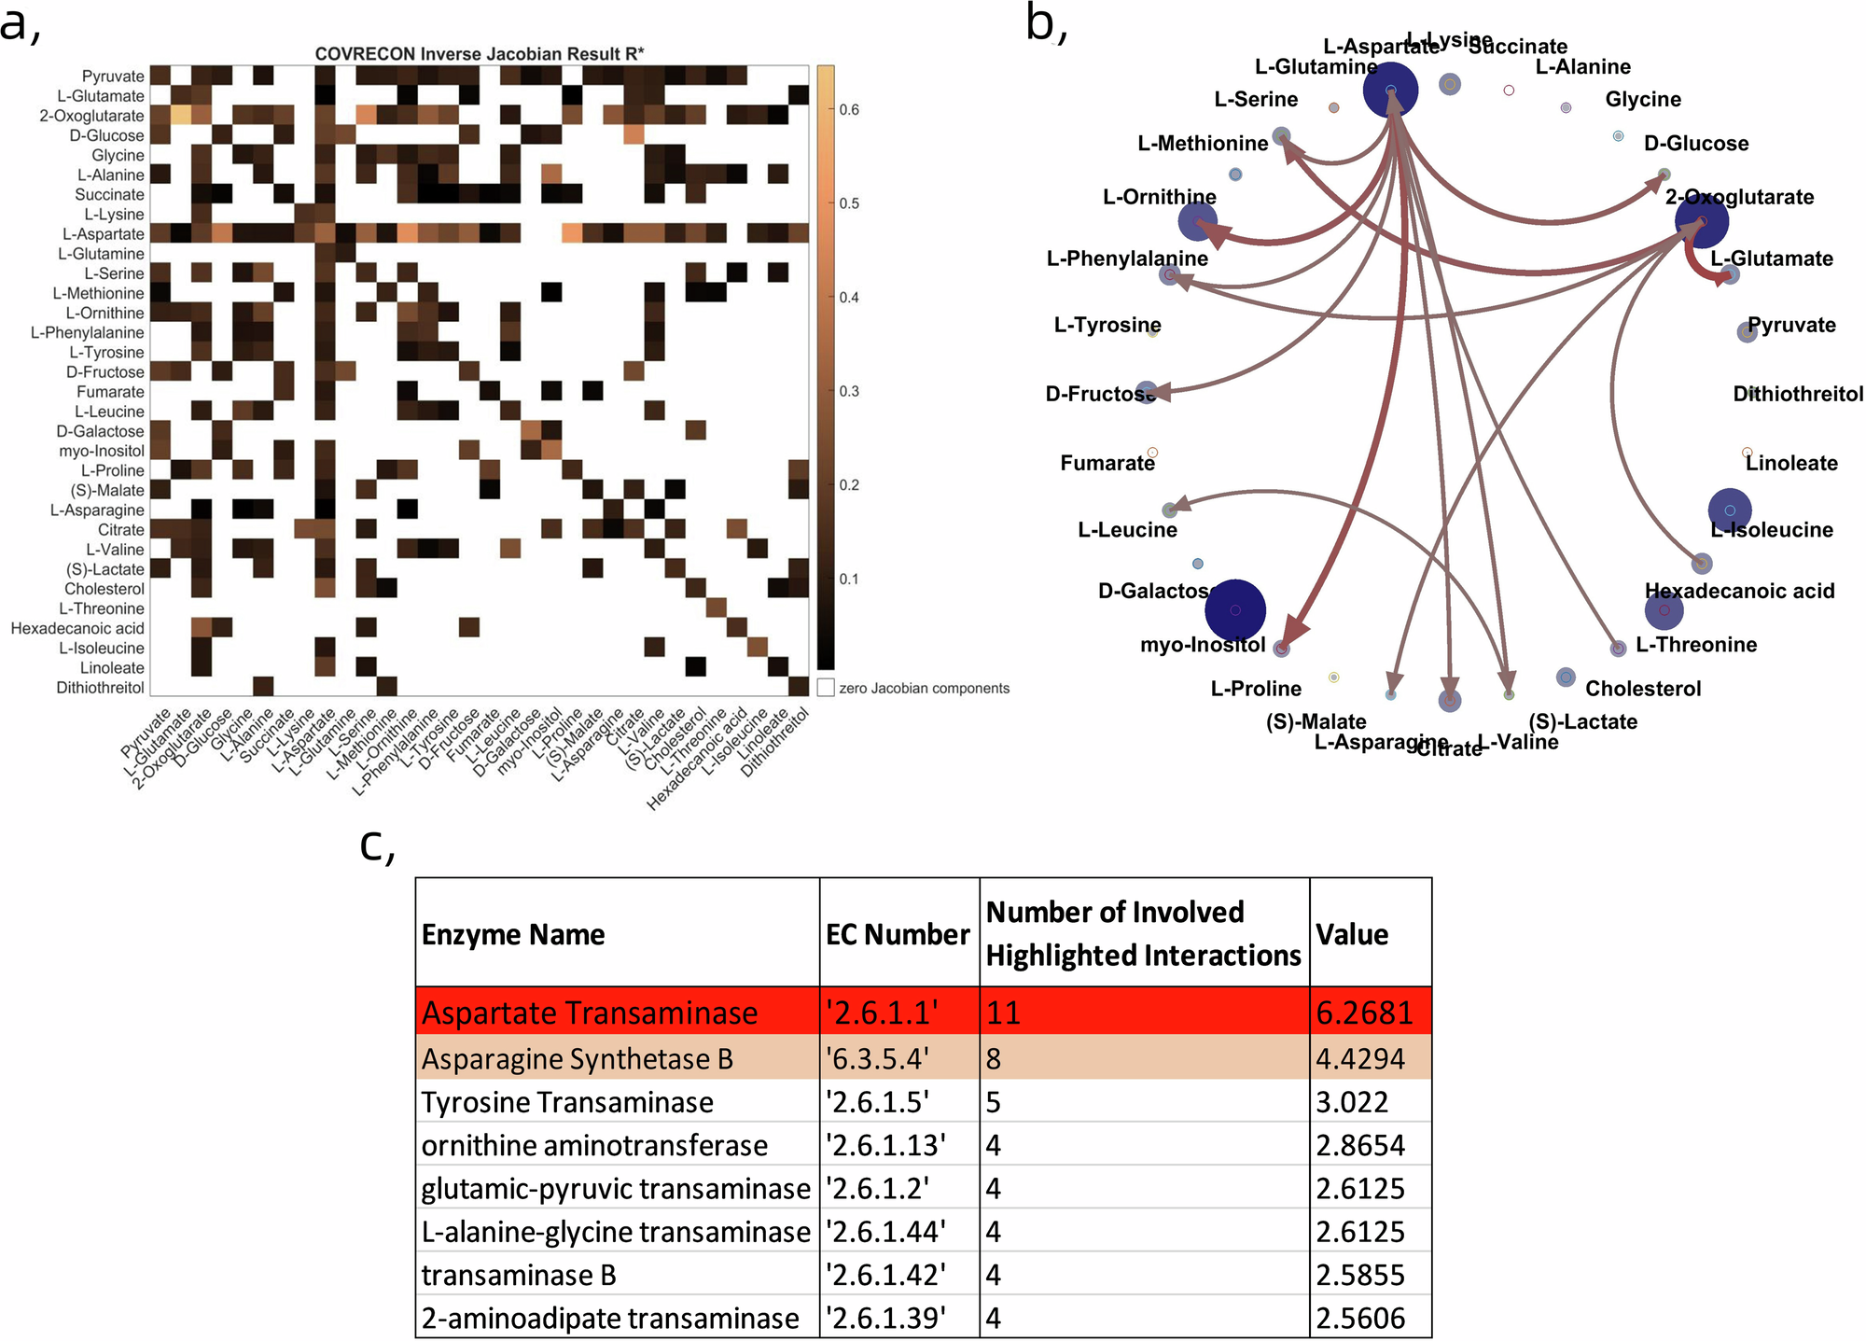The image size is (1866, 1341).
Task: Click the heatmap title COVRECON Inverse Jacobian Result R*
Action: tap(480, 54)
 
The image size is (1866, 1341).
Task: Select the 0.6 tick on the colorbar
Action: tap(848, 110)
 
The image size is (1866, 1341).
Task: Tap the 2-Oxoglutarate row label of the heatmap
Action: tap(91, 116)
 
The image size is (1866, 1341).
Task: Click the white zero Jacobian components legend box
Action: tap(826, 688)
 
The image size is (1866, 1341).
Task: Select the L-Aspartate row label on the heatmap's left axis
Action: tap(103, 234)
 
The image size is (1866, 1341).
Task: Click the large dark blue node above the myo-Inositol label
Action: tap(1234, 609)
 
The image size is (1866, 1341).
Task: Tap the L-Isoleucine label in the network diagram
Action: tap(1772, 530)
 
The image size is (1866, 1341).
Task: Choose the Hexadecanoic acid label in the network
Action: tap(1739, 591)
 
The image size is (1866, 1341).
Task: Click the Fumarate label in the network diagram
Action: tap(1107, 463)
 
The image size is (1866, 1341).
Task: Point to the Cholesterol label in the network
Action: tap(1643, 689)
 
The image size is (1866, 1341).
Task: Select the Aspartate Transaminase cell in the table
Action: tap(590, 1013)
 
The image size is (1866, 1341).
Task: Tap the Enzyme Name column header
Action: tap(513, 934)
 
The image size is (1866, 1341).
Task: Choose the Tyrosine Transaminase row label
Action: tap(567, 1102)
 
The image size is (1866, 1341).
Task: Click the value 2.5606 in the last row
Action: tap(1360, 1318)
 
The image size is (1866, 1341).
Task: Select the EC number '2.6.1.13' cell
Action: tap(885, 1145)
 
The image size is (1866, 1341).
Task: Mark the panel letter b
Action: tap(1045, 23)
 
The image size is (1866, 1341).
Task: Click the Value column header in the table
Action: tap(1352, 934)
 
